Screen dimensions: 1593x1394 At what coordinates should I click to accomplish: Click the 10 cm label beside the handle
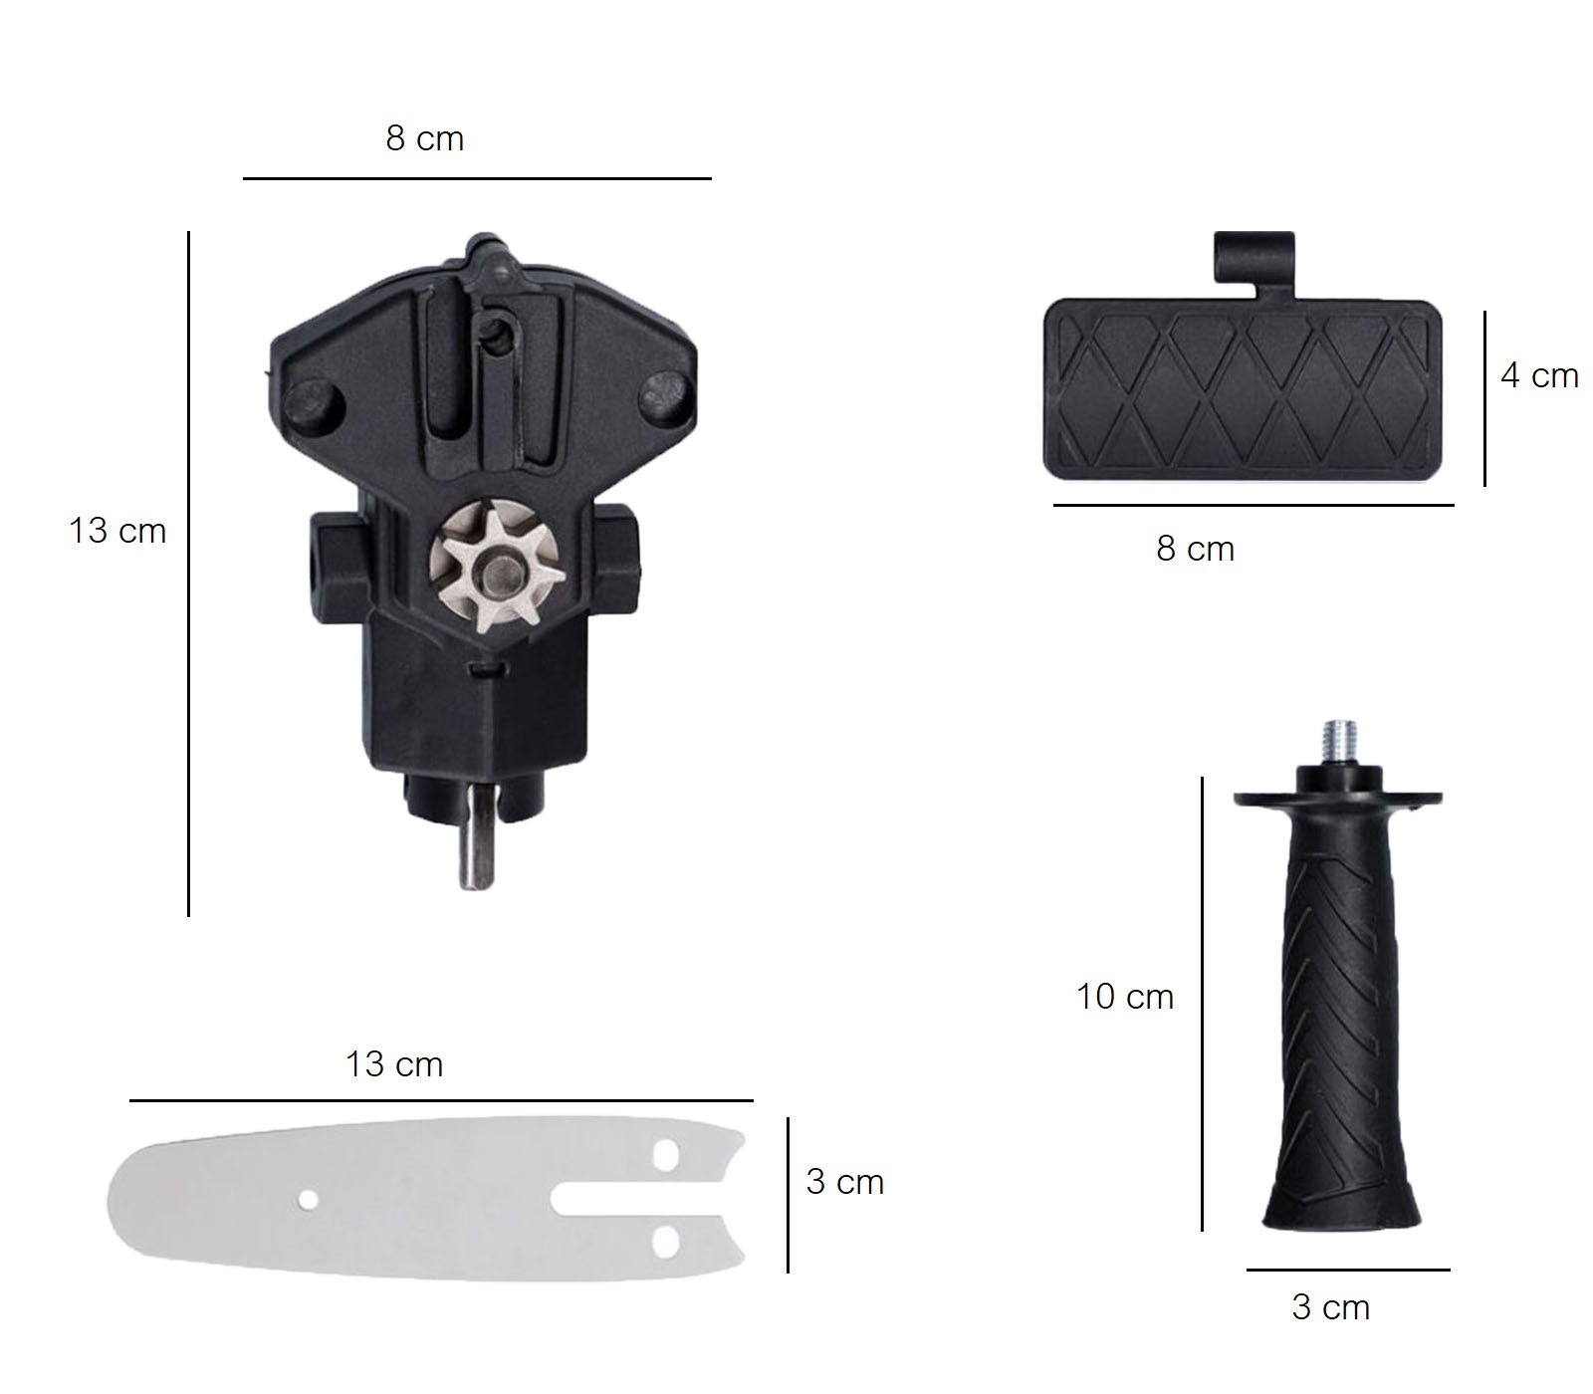pyautogui.click(x=1125, y=997)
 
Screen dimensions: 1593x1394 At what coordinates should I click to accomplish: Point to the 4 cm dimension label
pyautogui.click(x=1539, y=375)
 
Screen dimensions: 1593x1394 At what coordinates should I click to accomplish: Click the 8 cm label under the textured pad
pyautogui.click(x=1195, y=549)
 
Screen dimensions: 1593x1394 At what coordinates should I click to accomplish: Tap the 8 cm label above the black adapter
pyautogui.click(x=425, y=138)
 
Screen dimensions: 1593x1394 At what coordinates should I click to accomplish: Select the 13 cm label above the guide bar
pyautogui.click(x=394, y=1064)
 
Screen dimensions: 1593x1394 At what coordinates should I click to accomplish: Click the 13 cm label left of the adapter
pyautogui.click(x=117, y=531)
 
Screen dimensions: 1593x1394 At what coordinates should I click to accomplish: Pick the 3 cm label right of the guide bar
pyautogui.click(x=845, y=1182)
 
